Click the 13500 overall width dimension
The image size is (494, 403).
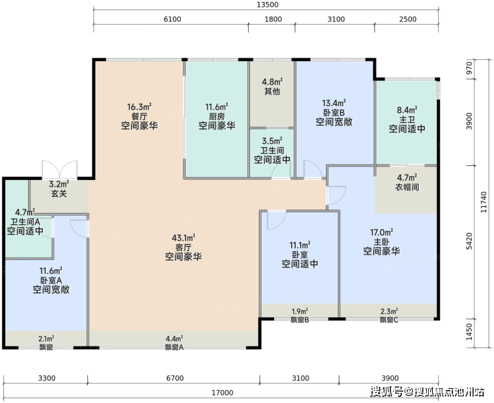click(x=267, y=5)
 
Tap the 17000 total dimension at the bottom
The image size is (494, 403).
click(x=222, y=393)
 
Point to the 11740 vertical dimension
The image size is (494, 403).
click(x=484, y=201)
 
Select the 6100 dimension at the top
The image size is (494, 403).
click(x=172, y=19)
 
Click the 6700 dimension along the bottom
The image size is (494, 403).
click(x=175, y=378)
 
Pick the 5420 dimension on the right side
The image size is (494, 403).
click(x=469, y=241)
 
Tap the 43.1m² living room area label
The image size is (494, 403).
click(x=183, y=247)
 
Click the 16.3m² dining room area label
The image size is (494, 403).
click(x=139, y=116)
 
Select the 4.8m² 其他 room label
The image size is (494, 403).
click(x=272, y=87)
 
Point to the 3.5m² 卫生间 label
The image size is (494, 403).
click(x=272, y=150)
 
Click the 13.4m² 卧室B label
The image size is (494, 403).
click(x=334, y=112)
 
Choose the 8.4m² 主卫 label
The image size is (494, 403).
click(x=407, y=120)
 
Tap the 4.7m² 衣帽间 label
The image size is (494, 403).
click(x=407, y=182)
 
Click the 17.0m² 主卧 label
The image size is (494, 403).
click(x=382, y=242)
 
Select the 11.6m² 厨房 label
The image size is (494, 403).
click(x=216, y=116)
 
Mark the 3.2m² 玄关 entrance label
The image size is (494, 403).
click(x=59, y=189)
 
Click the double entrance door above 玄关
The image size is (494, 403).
click(x=60, y=169)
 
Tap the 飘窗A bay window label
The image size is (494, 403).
click(x=174, y=347)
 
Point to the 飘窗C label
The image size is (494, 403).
click(x=389, y=320)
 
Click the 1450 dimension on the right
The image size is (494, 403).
click(x=469, y=332)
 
